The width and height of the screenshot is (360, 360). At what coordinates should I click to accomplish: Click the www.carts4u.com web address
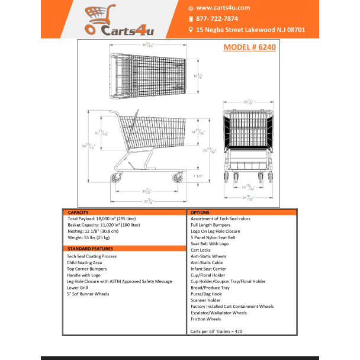(223, 8)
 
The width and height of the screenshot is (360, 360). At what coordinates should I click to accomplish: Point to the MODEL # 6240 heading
(250, 48)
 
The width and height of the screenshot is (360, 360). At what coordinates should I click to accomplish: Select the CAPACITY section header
(79, 212)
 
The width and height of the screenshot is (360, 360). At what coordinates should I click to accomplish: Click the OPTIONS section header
(200, 212)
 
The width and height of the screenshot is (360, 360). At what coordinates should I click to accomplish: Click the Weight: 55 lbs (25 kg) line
(92, 237)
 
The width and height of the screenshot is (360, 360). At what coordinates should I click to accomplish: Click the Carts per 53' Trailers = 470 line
(220, 332)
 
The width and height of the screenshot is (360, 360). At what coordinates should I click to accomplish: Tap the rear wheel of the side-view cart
(114, 179)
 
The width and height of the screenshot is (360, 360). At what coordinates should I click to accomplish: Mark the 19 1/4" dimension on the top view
(199, 76)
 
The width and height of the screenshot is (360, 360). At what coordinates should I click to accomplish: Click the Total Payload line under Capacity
(104, 219)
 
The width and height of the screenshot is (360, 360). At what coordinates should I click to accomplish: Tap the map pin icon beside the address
(191, 28)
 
